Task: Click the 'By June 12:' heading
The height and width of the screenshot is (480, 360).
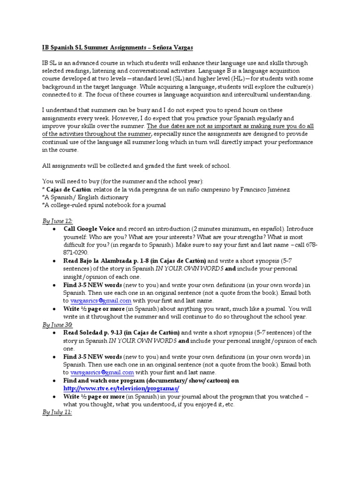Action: [58, 221]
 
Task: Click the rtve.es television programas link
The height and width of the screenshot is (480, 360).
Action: [121, 389]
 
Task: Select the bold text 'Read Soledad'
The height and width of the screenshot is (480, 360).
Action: [86, 333]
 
